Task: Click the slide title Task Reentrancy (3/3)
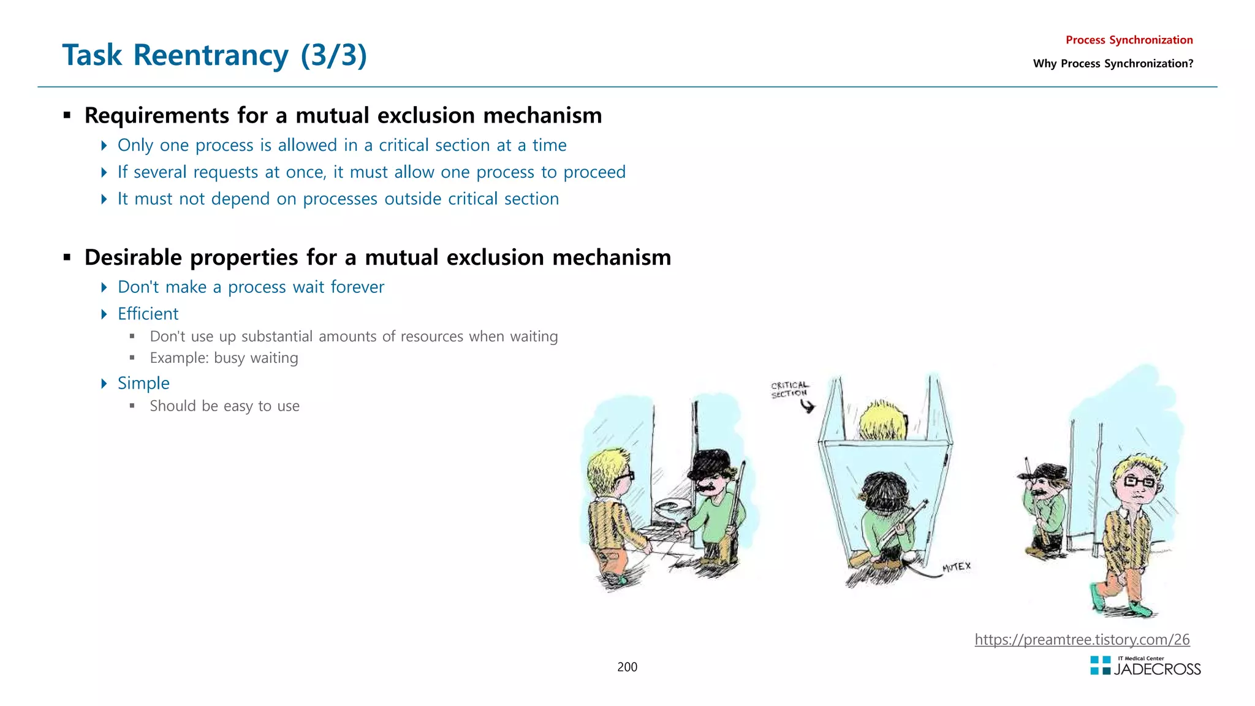tap(214, 55)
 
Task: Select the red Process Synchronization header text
tap(1129, 40)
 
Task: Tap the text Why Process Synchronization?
tap(1113, 64)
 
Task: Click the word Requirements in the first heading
tap(157, 116)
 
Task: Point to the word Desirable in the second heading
tap(133, 258)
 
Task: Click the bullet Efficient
tap(148, 314)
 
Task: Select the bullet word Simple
tap(143, 383)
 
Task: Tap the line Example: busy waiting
tap(224, 358)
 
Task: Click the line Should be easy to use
tap(224, 406)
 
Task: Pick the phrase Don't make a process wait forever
tap(251, 287)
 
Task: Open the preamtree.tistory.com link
tap(1082, 640)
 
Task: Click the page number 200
tap(627, 667)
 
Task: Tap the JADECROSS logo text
tap(1157, 669)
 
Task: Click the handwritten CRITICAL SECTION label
tap(789, 390)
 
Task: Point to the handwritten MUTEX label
tap(956, 567)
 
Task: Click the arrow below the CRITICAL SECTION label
tap(808, 406)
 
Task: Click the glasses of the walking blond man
tap(1140, 482)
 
